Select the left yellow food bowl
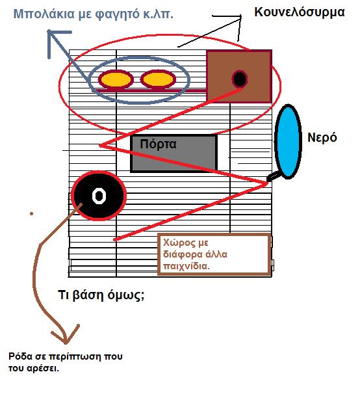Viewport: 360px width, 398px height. click(116, 79)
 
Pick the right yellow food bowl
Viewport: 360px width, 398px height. click(158, 79)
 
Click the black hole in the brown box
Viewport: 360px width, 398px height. click(240, 79)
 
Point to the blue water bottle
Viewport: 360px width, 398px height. click(289, 141)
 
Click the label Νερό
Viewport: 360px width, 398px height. click(322, 138)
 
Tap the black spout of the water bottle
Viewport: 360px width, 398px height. click(274, 176)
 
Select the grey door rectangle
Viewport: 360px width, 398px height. click(174, 153)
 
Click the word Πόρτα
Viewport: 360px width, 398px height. click(158, 144)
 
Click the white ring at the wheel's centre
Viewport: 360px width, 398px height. click(99, 196)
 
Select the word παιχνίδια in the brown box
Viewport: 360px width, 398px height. click(186, 266)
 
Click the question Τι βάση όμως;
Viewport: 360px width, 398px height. click(101, 295)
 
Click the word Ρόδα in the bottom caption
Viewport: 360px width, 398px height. click(21, 356)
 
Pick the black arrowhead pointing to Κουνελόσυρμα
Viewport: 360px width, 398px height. click(231, 24)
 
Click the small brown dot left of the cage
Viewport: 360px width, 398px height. click(31, 214)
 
